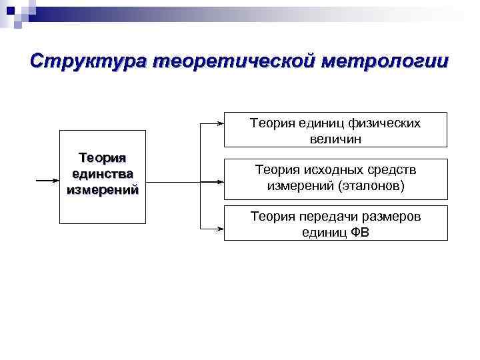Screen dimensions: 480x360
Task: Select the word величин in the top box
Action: [335, 139]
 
